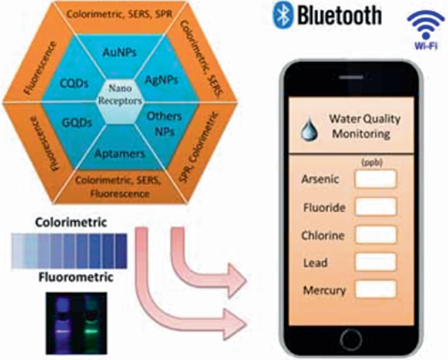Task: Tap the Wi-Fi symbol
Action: [x=419, y=26]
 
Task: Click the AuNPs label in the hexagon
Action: [x=119, y=54]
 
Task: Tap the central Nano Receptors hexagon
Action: [x=118, y=98]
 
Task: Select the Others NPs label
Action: [x=157, y=122]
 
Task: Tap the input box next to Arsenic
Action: [x=374, y=178]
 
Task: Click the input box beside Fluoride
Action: [x=374, y=206]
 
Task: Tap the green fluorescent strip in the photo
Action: [x=94, y=321]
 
